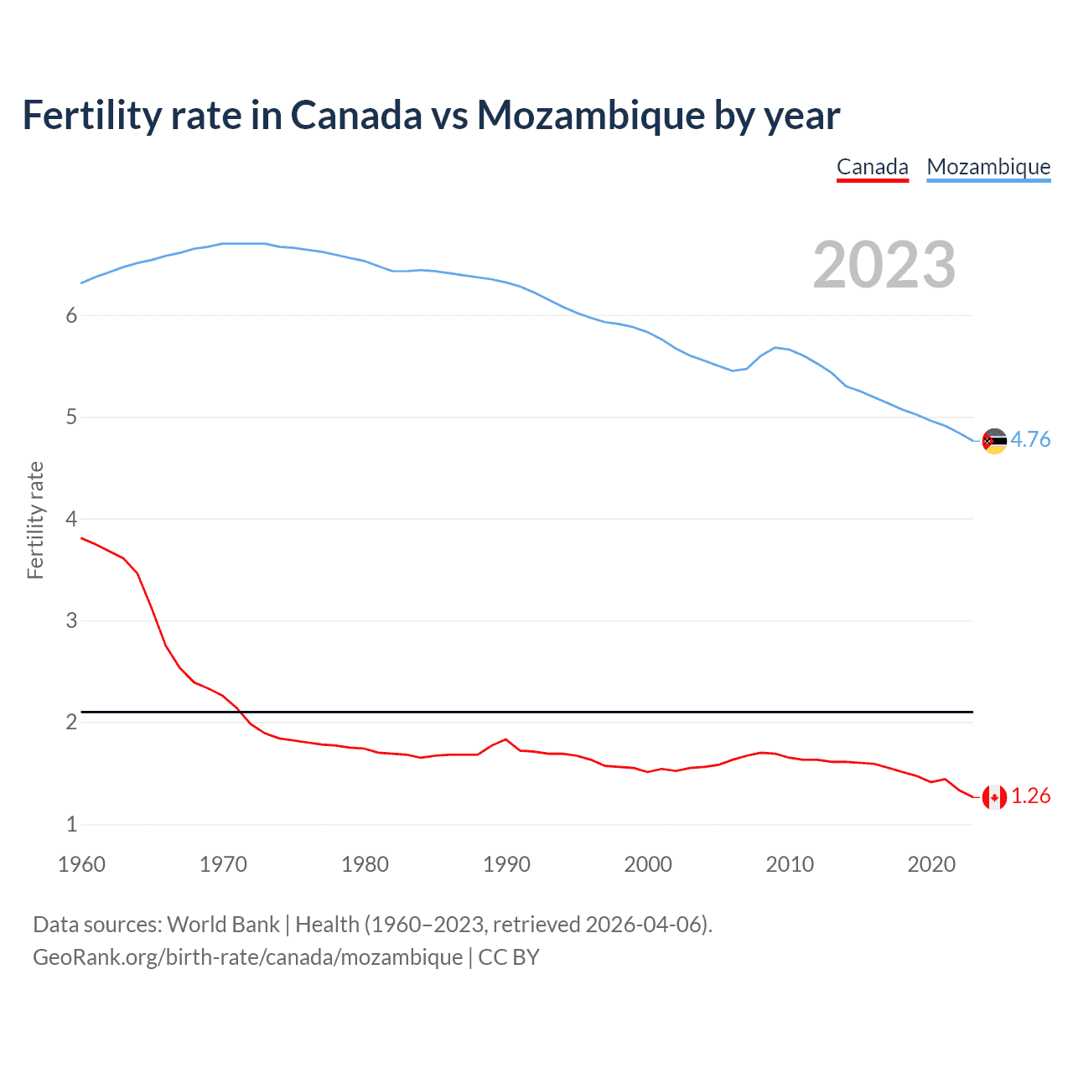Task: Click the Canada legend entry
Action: coord(872,167)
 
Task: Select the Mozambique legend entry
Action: coord(988,167)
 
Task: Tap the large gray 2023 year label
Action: coord(884,265)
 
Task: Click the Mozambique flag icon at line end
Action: coord(994,441)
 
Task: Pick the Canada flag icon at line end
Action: coord(994,797)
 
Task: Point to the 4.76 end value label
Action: coord(1030,440)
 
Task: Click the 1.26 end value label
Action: coord(1030,796)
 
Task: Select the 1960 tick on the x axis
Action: coord(81,864)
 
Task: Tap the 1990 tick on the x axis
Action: coord(506,864)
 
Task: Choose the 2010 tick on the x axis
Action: coord(790,864)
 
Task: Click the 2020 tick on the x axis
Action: coord(931,864)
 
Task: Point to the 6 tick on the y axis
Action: coord(71,316)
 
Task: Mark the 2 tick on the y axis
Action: coord(71,723)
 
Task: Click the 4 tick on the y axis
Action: coord(71,520)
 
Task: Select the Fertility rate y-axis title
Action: coord(35,520)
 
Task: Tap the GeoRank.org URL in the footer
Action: coord(247,957)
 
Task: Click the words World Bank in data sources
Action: coord(223,925)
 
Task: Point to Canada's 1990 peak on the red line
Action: coord(505,739)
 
